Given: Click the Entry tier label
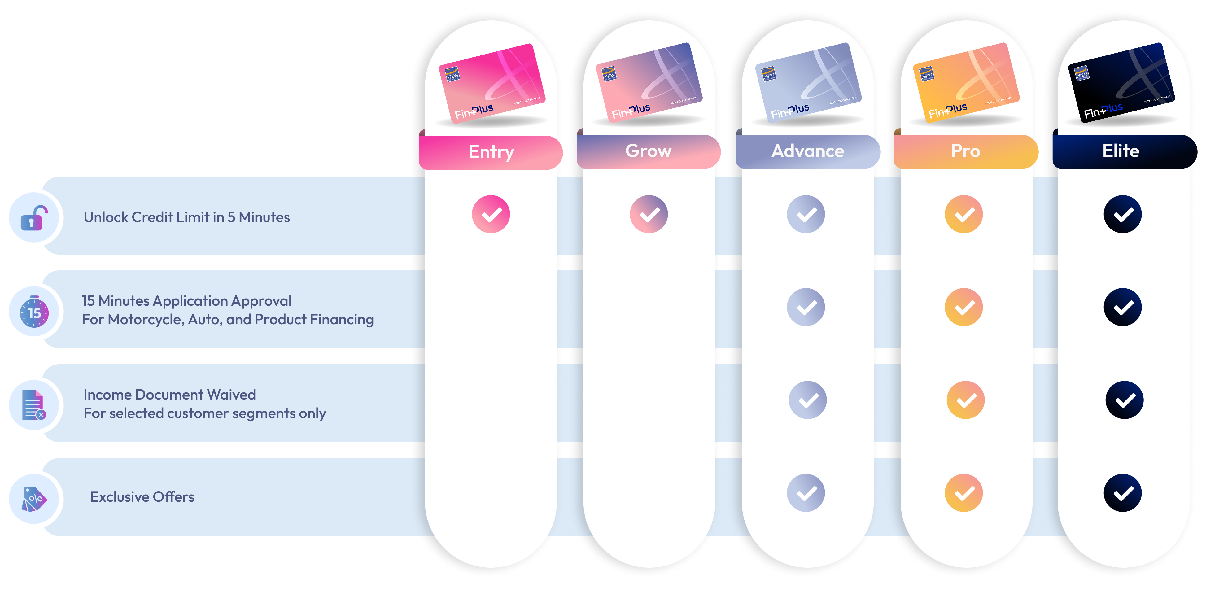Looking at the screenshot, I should (x=491, y=152).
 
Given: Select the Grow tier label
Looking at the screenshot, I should (x=649, y=151).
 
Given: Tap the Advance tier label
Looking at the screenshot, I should (x=808, y=151).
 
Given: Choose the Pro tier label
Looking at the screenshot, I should (x=965, y=151).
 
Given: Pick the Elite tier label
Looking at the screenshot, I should (x=1121, y=151).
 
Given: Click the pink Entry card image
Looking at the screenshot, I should (x=492, y=83).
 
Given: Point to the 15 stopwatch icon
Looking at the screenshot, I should (x=34, y=312).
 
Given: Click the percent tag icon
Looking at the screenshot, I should (x=34, y=499).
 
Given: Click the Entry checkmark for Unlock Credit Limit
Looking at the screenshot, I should (x=491, y=214).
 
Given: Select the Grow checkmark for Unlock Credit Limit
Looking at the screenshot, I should (x=649, y=214).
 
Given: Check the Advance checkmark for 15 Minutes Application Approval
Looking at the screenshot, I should (x=806, y=307).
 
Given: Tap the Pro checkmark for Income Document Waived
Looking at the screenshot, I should (x=965, y=400).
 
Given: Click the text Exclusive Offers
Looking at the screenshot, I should (x=142, y=497).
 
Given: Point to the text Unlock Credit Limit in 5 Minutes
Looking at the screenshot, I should (x=187, y=217).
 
